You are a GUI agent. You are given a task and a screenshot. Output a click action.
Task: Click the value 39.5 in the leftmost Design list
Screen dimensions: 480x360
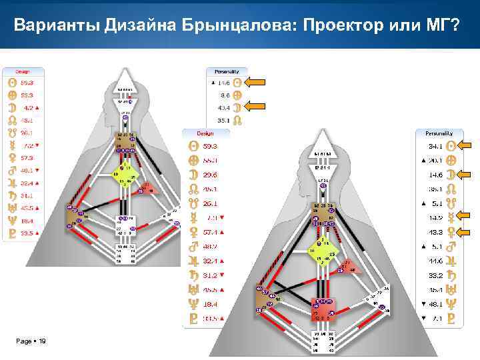[27, 233]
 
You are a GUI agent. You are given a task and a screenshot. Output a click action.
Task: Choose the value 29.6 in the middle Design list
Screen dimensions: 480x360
[211, 175]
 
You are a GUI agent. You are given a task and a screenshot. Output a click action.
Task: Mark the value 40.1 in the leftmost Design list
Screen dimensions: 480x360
[27, 170]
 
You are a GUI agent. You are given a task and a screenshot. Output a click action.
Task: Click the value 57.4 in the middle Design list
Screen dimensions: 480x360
[211, 232]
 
